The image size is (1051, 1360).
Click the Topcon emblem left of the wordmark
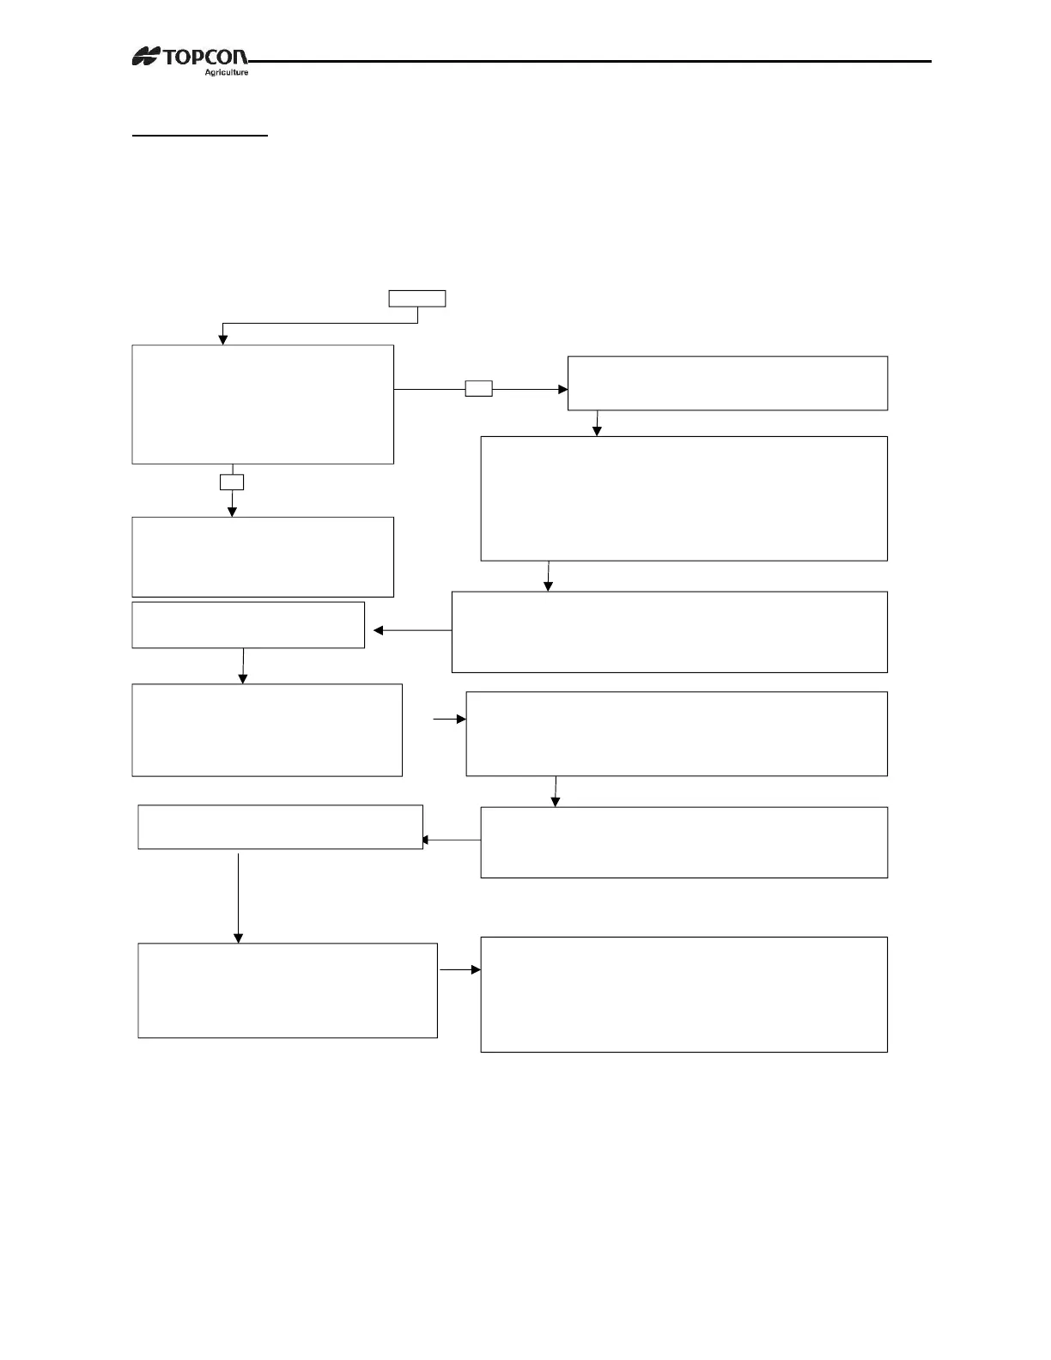click(x=147, y=58)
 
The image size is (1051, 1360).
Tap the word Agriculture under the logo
click(x=226, y=73)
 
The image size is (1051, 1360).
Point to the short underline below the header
click(x=199, y=136)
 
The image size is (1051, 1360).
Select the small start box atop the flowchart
click(x=417, y=299)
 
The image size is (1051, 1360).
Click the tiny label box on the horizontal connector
click(x=478, y=389)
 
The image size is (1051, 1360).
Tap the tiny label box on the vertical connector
click(x=232, y=482)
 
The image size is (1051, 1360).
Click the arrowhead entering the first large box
click(x=223, y=339)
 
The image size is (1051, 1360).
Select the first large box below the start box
click(x=263, y=404)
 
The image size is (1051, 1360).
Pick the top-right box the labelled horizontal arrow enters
click(x=727, y=383)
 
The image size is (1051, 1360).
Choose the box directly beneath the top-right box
click(x=683, y=499)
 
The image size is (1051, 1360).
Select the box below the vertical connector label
click(x=263, y=556)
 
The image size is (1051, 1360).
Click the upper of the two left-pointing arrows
click(x=412, y=631)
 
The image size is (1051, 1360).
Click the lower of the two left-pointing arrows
click(x=452, y=841)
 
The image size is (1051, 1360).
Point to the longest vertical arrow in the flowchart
click(x=238, y=898)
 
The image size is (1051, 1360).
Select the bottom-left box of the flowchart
click(x=288, y=991)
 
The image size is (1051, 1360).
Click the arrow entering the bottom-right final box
click(x=460, y=969)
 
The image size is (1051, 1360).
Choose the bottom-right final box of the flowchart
click(x=683, y=994)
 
